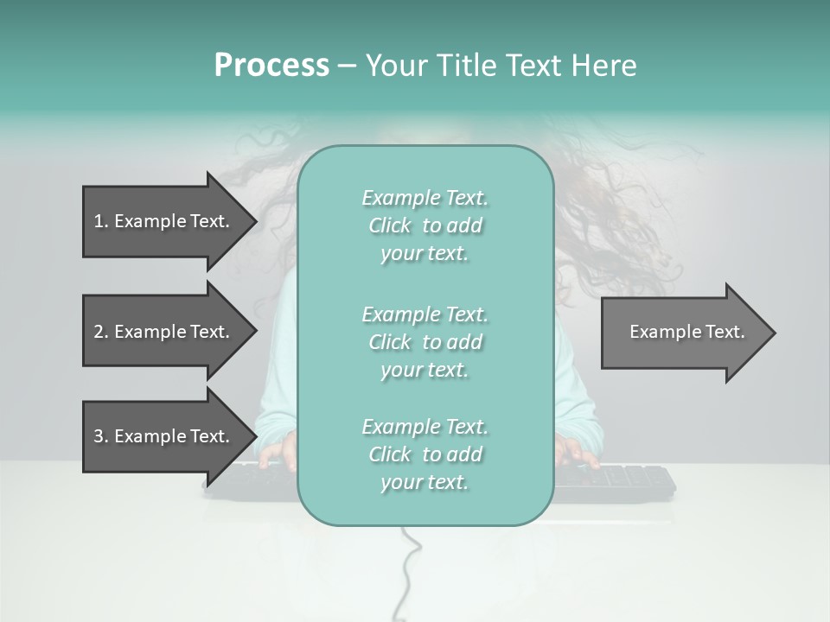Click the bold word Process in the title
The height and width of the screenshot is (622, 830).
click(x=271, y=66)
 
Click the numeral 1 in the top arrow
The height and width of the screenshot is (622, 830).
click(x=99, y=221)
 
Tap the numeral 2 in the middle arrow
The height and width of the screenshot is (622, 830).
click(x=99, y=332)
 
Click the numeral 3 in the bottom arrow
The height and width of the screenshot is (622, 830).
click(x=99, y=436)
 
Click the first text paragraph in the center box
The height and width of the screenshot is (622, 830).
click(x=425, y=225)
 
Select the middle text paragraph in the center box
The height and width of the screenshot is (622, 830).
click(x=425, y=342)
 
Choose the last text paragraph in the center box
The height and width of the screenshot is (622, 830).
click(x=425, y=454)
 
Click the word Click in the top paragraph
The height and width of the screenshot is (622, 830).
click(x=390, y=225)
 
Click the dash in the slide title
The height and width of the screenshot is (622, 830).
click(x=347, y=66)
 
